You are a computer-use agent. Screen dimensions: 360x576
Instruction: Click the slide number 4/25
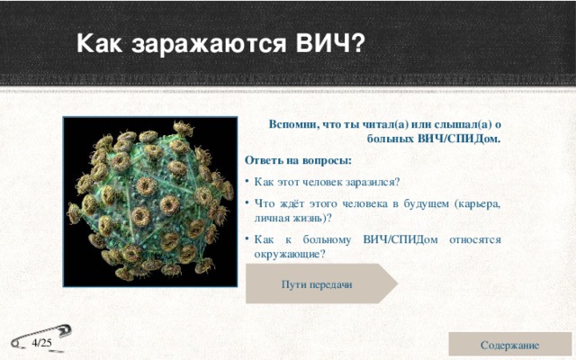41,343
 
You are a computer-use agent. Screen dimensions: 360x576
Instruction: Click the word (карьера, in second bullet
478,202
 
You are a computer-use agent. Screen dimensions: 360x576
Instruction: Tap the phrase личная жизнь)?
293,218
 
